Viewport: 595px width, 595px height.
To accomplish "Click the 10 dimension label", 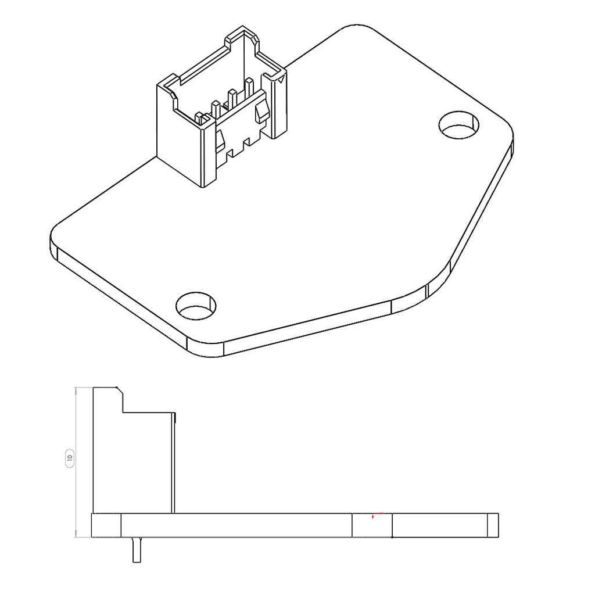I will click(x=70, y=458).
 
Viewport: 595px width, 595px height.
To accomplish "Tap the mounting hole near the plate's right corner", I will click(x=459, y=125).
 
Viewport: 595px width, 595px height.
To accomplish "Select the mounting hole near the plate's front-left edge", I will click(x=196, y=306).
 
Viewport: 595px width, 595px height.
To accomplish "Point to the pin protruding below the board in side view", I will click(x=137, y=550).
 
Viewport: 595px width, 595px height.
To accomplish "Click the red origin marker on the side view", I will click(x=373, y=517).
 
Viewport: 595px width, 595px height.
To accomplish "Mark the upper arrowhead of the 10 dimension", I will click(x=76, y=390).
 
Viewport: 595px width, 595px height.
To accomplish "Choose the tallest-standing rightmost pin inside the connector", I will click(x=249, y=87).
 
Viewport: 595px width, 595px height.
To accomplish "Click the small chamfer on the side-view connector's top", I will click(x=119, y=389).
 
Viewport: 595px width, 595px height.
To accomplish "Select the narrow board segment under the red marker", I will click(x=372, y=526).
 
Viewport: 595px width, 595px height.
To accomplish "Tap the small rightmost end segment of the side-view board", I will click(x=492, y=525).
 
